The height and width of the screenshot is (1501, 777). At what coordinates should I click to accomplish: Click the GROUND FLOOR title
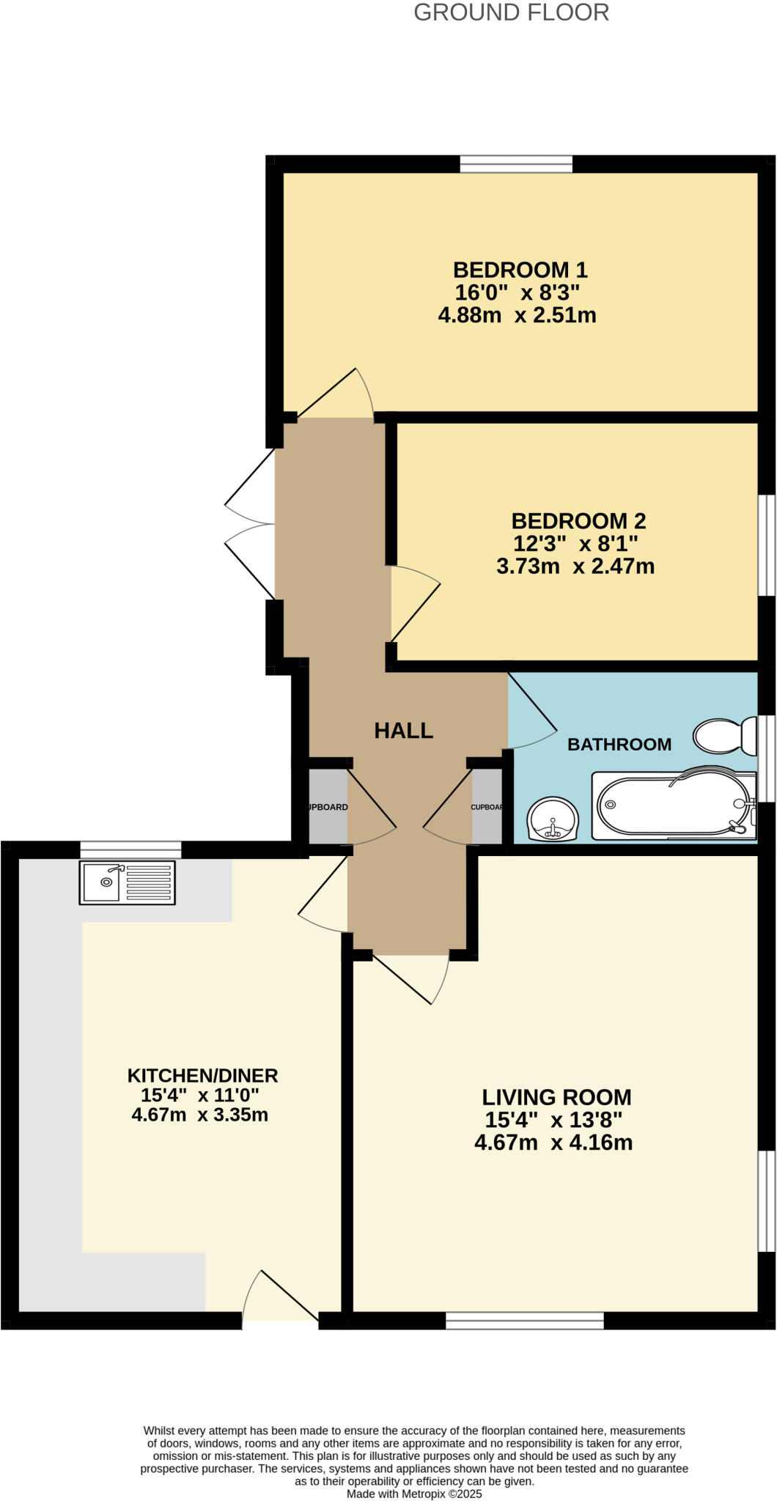tap(511, 12)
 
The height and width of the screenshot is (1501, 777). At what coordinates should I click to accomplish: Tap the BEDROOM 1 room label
tap(520, 270)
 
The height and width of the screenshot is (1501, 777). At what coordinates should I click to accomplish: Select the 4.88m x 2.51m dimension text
tap(517, 316)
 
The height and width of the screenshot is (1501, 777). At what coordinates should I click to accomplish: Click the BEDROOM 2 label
tap(578, 521)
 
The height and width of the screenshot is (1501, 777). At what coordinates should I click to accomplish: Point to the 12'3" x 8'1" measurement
tap(575, 544)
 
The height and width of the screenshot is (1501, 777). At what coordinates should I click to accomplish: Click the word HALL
tap(403, 730)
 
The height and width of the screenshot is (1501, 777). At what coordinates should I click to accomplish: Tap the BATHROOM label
tap(619, 745)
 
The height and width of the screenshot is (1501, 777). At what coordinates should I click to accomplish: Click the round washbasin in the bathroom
tap(553, 819)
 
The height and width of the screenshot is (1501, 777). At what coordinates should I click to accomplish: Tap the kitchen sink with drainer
tap(127, 882)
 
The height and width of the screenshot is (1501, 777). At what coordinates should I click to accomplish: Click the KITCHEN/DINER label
tap(202, 1075)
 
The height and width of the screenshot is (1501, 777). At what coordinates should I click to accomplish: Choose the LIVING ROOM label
tap(556, 1097)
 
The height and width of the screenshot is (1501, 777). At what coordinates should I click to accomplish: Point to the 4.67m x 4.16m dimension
tap(553, 1143)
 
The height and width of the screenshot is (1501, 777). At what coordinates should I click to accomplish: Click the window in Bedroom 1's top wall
tap(516, 163)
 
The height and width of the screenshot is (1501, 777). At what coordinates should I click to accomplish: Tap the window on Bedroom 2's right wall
tap(766, 545)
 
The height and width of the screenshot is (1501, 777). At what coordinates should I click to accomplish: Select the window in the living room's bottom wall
tap(525, 1320)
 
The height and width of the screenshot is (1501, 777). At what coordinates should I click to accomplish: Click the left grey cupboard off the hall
tap(327, 806)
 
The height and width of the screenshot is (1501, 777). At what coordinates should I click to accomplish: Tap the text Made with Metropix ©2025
tap(414, 1494)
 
